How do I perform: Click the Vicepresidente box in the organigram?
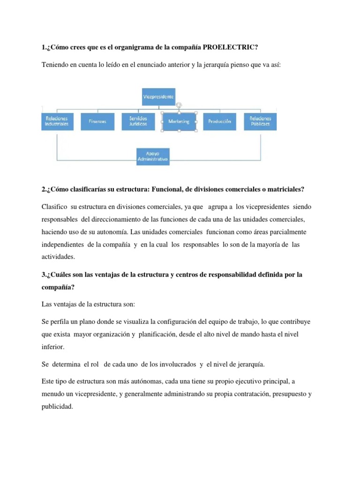coord(158,97)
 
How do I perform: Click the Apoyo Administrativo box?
coord(152,157)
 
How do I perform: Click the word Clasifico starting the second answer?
coord(54,207)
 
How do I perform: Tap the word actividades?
coord(58,257)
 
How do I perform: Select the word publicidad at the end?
coord(57,407)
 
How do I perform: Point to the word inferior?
coord(53,347)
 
